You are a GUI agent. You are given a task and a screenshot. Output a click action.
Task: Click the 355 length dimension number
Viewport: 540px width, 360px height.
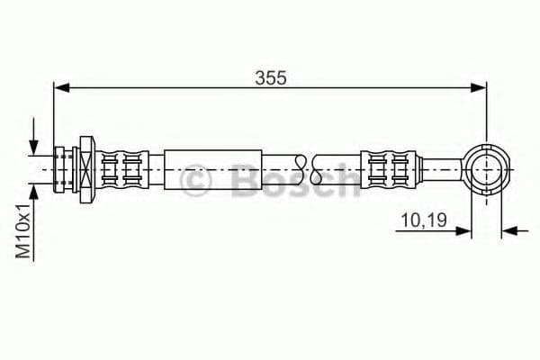tap(269, 77)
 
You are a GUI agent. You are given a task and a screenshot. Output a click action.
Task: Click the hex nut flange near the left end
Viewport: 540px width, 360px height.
tap(86, 167)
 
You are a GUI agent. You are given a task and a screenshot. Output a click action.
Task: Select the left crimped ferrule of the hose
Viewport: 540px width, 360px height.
tap(121, 167)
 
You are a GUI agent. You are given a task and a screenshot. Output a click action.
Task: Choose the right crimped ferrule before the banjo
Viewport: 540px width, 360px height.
tap(390, 167)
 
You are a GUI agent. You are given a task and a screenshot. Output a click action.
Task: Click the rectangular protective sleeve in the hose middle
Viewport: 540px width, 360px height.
tap(213, 167)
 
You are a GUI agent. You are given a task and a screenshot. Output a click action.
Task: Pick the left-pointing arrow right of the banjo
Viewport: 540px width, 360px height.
tap(511, 230)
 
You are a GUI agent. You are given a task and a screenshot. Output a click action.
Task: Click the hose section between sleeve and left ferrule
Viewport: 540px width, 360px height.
tap(155, 167)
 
